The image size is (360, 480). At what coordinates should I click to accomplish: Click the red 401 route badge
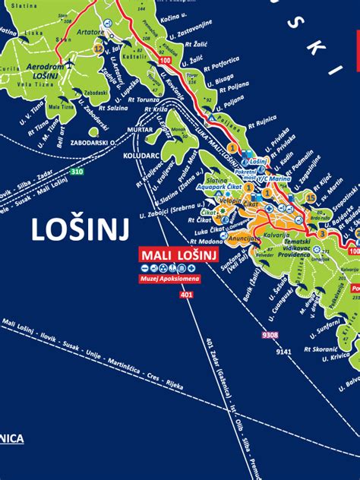[187, 295]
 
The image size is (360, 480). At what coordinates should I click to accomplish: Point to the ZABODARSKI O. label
[90, 141]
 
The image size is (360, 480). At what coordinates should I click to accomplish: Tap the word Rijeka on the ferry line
[175, 387]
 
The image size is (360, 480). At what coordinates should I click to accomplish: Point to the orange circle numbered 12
[98, 48]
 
